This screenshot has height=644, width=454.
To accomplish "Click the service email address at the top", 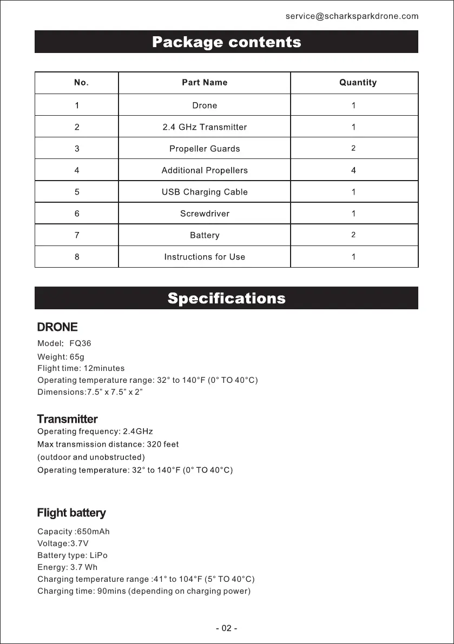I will point(352,16).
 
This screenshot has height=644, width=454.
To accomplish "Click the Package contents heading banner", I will point(226,42).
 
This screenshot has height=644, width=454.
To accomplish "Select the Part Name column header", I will point(205,83).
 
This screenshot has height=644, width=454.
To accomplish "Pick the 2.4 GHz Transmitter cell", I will point(205,127).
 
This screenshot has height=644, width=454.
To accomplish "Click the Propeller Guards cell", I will point(205,149).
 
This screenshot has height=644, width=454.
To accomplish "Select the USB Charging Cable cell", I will point(205,192).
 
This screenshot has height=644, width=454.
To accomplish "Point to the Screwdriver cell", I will point(205,214).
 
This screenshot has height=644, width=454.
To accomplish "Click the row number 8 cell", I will point(77,257).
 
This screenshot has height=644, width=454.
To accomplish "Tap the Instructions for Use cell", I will point(205,257).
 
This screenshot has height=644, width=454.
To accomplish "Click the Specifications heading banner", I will point(226,298).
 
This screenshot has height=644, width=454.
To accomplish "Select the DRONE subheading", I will point(57,327).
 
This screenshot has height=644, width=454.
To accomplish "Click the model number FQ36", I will point(81,343).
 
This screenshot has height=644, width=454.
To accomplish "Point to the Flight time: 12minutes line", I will point(81,368).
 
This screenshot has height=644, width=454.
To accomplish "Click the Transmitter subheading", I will point(67,419).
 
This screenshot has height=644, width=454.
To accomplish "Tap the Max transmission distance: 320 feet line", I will point(108,444).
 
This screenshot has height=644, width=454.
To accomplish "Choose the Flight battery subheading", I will point(71,513).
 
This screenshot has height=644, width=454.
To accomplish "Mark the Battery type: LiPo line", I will point(73,555).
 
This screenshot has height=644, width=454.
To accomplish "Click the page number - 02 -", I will point(227,628).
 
